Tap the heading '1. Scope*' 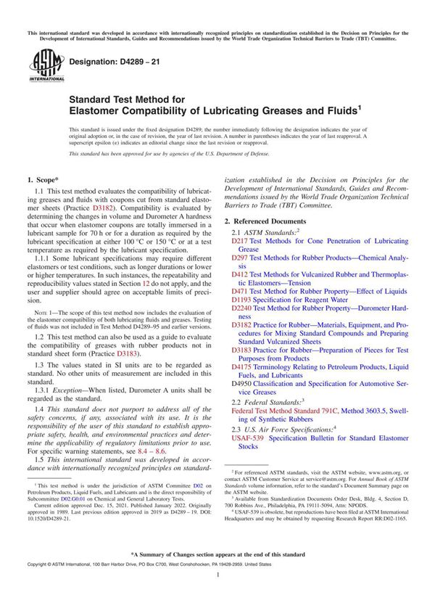43,178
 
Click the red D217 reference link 239,240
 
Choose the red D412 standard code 239,275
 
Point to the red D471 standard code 239,292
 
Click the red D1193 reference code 241,300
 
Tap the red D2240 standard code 241,308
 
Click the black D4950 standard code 241,384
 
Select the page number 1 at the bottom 217,594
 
